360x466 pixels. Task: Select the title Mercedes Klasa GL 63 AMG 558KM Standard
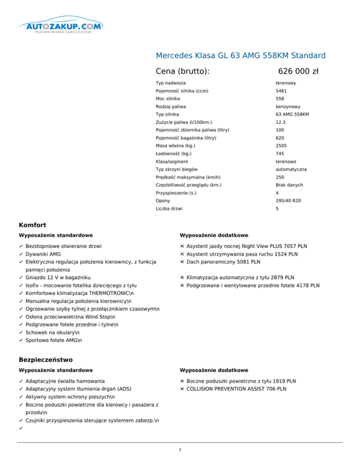240,56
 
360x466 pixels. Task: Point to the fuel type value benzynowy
289,107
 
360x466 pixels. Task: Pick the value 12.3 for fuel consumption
280,122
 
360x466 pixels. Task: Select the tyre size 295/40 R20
289,201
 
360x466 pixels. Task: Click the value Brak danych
289,185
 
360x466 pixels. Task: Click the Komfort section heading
32,225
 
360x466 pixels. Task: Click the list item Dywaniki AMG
43,254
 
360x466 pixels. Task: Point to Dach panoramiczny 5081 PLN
223,262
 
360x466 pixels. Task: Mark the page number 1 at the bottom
180,451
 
